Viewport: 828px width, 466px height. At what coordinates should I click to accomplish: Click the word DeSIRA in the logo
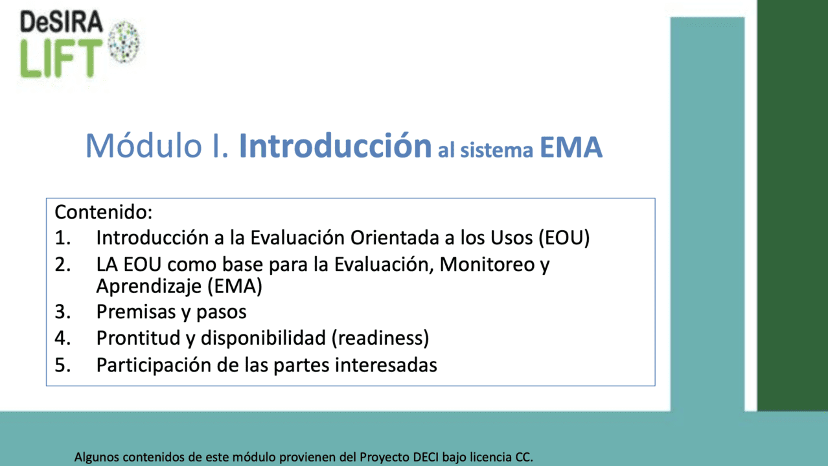(62, 21)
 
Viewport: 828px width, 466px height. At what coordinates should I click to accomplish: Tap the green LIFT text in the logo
(61, 58)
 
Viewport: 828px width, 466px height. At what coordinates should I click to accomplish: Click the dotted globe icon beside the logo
(124, 41)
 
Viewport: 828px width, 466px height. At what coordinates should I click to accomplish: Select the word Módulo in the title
(144, 146)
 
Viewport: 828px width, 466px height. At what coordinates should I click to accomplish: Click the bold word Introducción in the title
(335, 145)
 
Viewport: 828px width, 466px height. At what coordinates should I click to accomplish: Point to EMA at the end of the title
(571, 147)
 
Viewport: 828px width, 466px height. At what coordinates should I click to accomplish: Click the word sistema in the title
(496, 150)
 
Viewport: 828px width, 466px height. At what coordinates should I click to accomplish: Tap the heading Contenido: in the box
(104, 213)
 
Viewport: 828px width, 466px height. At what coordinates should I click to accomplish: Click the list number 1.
(62, 238)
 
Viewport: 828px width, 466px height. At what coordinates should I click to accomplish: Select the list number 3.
(62, 312)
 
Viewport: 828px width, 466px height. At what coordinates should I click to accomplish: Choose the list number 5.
(62, 365)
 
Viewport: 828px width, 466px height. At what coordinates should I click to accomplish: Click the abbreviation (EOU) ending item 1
(564, 238)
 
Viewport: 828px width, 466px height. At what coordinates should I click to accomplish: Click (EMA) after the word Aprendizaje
(235, 286)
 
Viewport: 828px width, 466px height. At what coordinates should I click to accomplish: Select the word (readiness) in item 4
(380, 338)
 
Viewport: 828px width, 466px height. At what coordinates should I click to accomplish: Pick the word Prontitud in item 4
(138, 338)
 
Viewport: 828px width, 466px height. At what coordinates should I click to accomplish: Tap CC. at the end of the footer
(524, 457)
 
